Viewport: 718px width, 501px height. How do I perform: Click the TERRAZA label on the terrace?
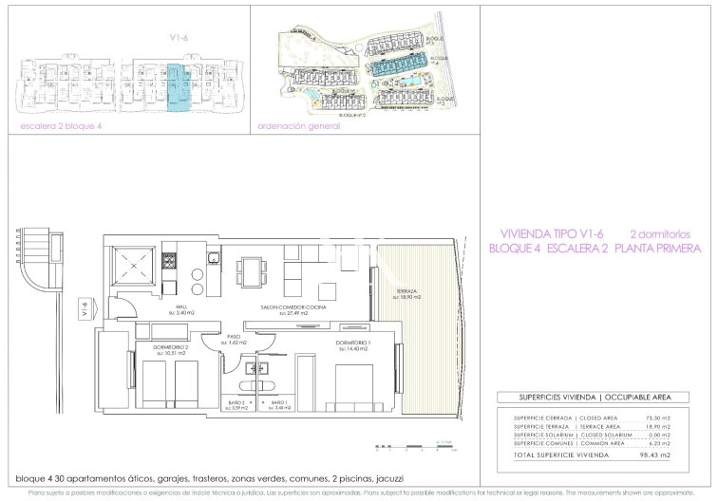(x=405, y=291)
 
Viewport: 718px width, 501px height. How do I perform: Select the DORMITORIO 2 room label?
(x=172, y=346)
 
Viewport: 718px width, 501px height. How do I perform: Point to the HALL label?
(x=181, y=306)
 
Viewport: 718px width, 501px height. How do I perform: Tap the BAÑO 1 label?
(x=278, y=404)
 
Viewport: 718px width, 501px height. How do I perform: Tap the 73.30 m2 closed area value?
(x=657, y=418)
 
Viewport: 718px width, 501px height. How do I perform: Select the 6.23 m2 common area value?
(x=657, y=443)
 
